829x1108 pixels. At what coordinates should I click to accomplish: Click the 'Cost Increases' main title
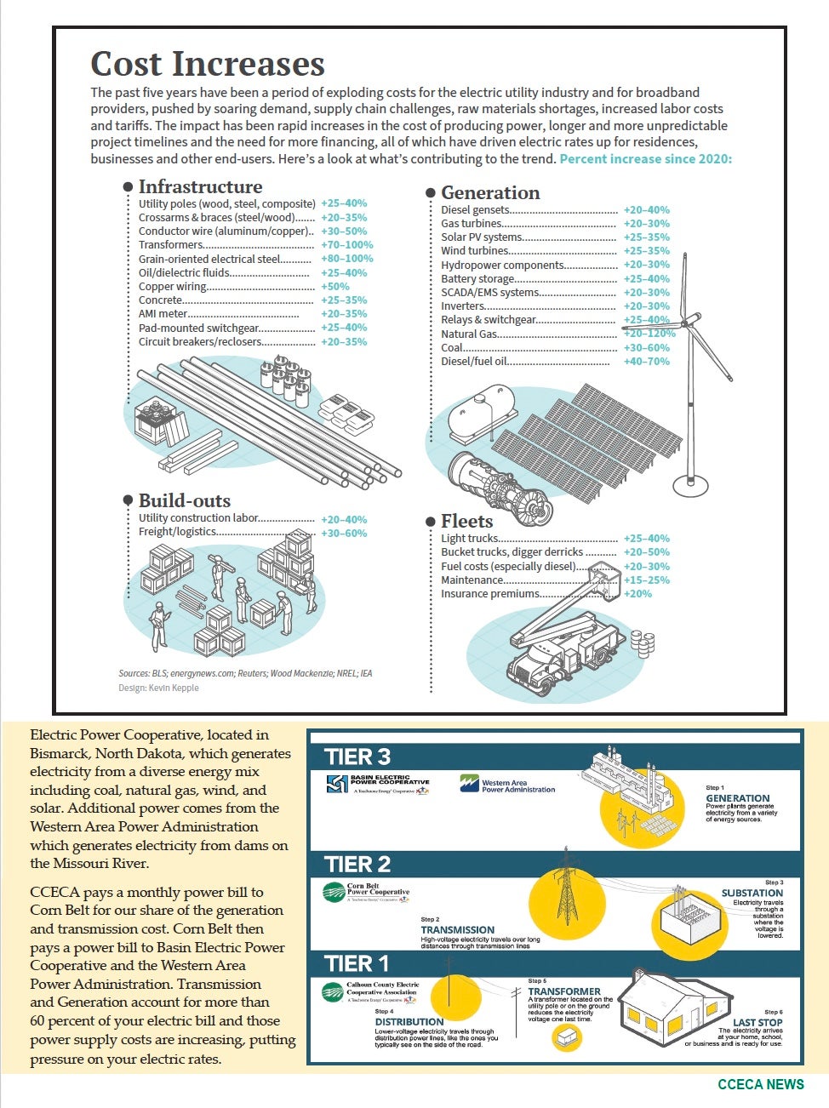click(208, 65)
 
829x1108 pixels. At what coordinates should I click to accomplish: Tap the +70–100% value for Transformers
click(346, 245)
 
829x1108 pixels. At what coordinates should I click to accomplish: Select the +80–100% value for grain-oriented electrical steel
click(346, 259)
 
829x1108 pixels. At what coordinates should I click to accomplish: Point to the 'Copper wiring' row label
click(173, 287)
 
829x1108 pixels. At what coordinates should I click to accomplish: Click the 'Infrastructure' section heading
click(200, 186)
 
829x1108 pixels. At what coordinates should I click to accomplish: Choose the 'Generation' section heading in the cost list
click(490, 193)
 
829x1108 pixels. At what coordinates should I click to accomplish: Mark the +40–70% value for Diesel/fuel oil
click(646, 362)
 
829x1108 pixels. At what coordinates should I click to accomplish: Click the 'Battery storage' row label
click(477, 279)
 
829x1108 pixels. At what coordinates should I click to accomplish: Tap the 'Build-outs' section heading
click(184, 500)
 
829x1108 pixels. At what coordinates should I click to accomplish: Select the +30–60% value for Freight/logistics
click(343, 534)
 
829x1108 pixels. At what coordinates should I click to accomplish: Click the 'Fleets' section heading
click(466, 521)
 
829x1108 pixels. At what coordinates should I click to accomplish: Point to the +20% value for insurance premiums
click(637, 594)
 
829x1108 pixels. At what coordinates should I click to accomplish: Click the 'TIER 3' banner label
click(357, 757)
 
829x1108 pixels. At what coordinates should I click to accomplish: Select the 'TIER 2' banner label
click(357, 865)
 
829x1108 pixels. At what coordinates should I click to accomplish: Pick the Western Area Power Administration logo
click(507, 785)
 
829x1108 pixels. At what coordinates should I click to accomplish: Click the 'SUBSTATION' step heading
click(752, 893)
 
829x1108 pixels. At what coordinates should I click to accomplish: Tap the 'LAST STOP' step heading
click(757, 1022)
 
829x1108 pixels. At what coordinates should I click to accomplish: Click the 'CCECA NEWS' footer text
click(760, 1084)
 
